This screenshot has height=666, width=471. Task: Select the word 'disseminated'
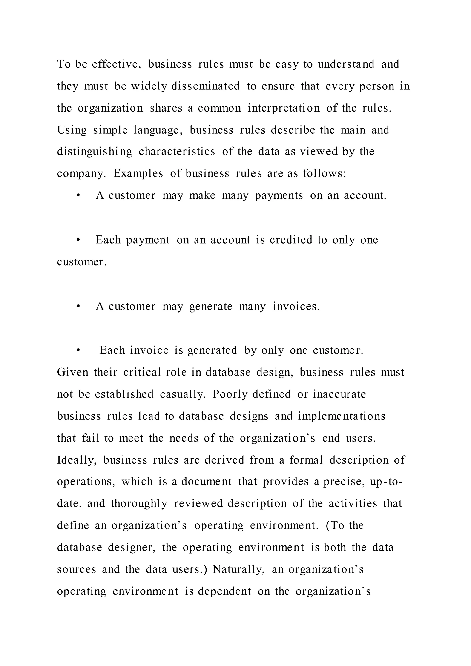click(205, 86)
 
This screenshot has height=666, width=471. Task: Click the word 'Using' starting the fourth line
click(72, 130)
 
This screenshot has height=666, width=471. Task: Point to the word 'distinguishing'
click(95, 151)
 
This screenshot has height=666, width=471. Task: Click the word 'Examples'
click(138, 173)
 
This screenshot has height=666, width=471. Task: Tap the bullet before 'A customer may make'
click(78, 196)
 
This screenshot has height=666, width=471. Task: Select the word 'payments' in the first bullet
click(279, 195)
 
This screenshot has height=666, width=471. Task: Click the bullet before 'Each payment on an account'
click(78, 240)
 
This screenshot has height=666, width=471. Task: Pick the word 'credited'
click(291, 240)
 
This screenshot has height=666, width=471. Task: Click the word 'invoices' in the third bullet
click(296, 306)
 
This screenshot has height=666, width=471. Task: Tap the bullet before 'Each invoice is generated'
click(78, 351)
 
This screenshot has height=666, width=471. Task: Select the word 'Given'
click(72, 372)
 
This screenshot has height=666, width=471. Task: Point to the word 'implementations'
click(342, 416)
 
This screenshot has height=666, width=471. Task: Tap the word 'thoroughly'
click(139, 504)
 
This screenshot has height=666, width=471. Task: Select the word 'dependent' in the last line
click(224, 591)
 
